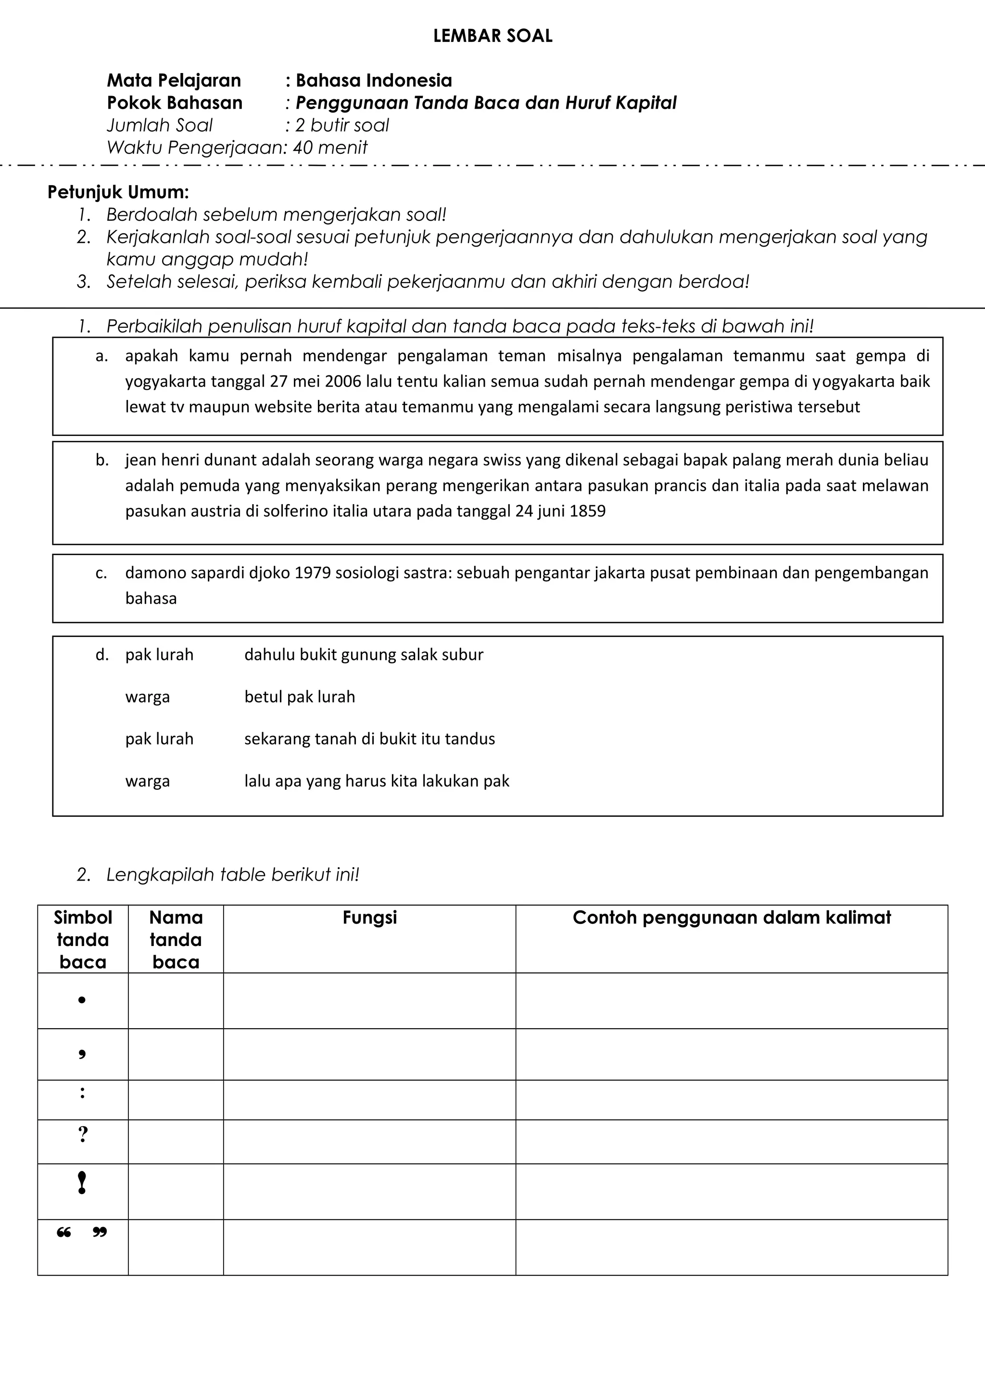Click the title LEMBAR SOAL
point(493,37)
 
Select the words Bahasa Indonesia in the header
point(373,81)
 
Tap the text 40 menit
point(330,148)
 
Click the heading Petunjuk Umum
point(118,192)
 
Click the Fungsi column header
point(369,917)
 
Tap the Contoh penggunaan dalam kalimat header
point(732,917)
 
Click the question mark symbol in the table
point(83,1134)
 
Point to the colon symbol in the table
point(83,1093)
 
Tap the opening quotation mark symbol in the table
point(63,1233)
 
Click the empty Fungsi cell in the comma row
point(369,1054)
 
